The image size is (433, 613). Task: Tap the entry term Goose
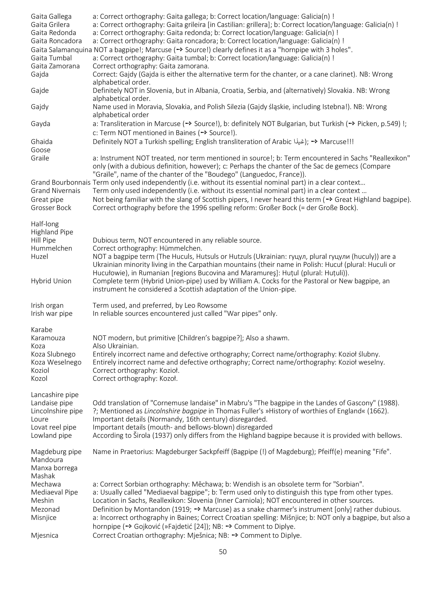41,150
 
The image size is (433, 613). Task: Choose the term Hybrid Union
51,281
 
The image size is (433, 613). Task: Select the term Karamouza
48,338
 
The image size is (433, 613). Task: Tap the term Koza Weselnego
56,362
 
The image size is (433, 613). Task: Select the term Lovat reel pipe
54,427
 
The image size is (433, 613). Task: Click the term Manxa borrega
54,468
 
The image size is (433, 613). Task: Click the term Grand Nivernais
56,191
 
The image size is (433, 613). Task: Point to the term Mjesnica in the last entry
45,535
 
